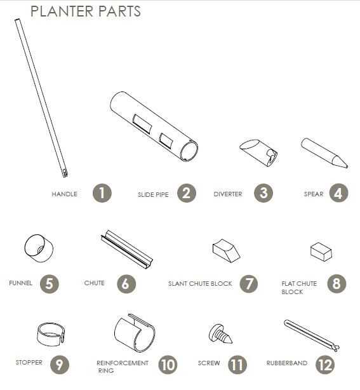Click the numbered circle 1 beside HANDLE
pos(102,193)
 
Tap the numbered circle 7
pos(249,283)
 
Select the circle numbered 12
pos(325,365)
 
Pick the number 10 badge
pos(168,365)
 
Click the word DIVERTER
pos(228,194)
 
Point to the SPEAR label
pos(314,194)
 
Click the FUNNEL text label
pos(21,283)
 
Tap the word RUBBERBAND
pos(286,363)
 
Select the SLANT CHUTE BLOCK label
pos(200,283)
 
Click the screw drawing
pos(220,334)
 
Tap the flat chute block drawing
pos(321,252)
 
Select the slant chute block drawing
pos(226,251)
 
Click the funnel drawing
pos(39,248)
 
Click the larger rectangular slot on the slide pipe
pos(142,124)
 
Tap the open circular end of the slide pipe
pos(189,151)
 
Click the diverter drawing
pos(258,152)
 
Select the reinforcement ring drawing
pos(135,333)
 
